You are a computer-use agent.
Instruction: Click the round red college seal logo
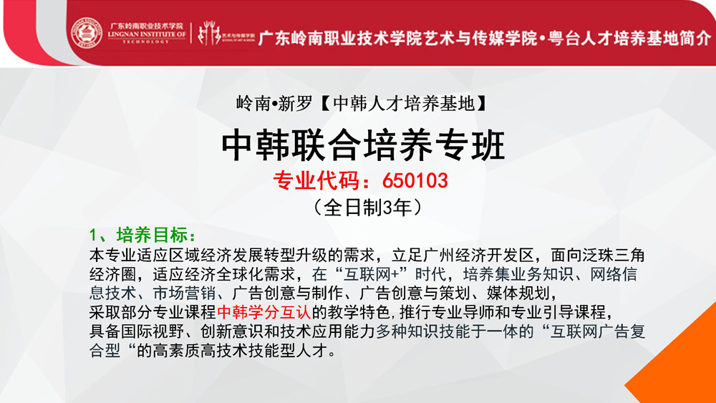[x=87, y=33]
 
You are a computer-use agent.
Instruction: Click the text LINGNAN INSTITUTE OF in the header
[x=147, y=34]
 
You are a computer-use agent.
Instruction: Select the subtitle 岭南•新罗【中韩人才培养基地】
[x=362, y=104]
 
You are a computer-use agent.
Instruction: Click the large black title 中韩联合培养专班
[x=363, y=145]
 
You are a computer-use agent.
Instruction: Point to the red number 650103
[x=415, y=180]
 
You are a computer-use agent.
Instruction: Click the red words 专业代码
[x=316, y=180]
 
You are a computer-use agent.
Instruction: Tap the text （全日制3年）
[x=367, y=207]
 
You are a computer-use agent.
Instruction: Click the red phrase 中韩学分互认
[x=264, y=312]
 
